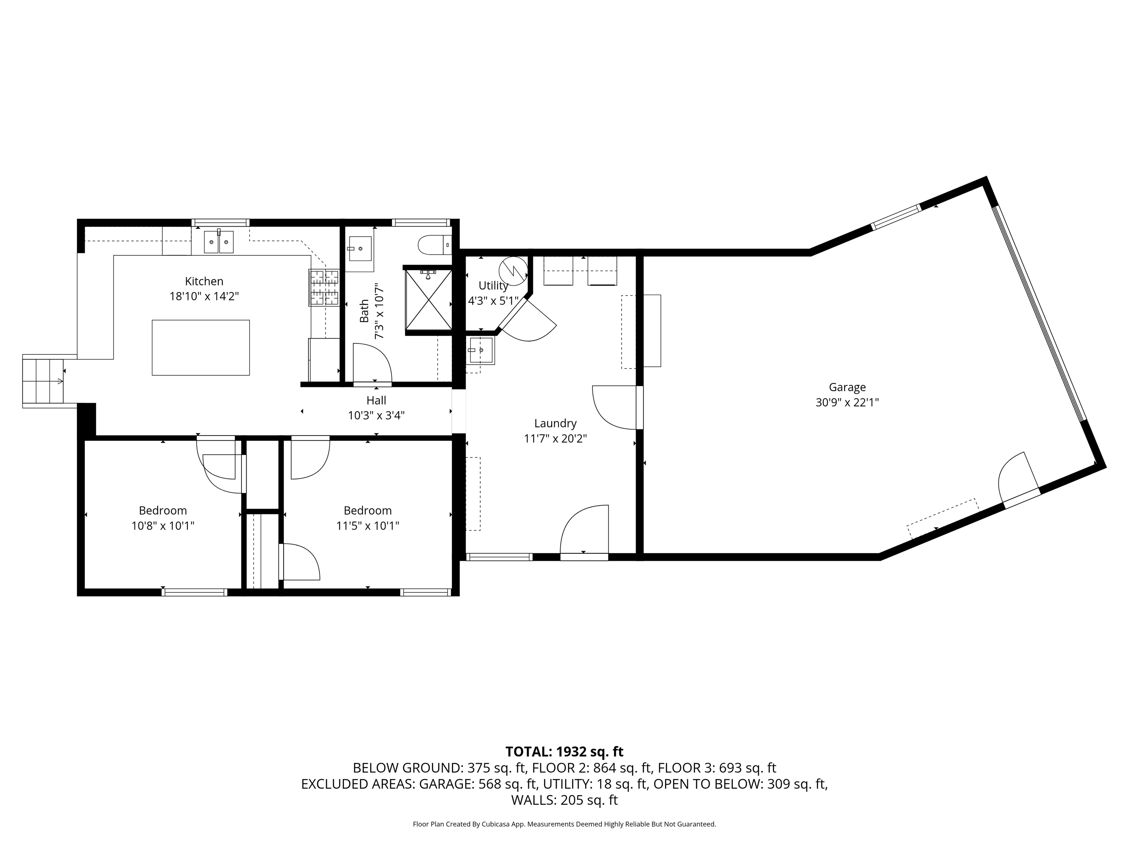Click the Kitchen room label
(x=204, y=281)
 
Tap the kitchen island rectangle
(x=201, y=348)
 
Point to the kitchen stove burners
(x=323, y=287)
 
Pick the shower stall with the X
(x=429, y=300)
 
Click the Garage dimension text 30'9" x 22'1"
(x=847, y=402)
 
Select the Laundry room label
(x=555, y=423)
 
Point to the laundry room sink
(x=481, y=350)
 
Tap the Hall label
(x=376, y=401)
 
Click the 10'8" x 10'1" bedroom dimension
(x=163, y=526)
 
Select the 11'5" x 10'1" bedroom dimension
(x=368, y=526)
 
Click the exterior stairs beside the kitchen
(x=43, y=380)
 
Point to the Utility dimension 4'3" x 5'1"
(x=493, y=301)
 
